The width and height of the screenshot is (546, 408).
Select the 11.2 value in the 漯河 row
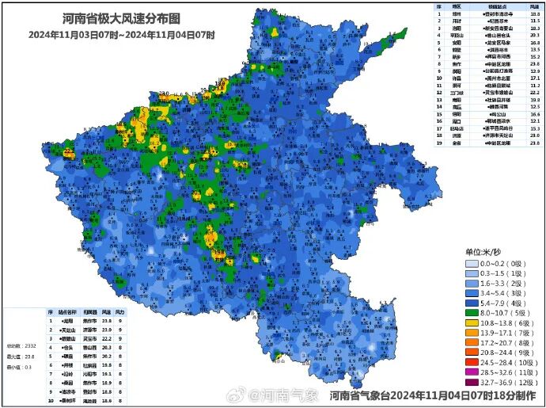click(x=534, y=86)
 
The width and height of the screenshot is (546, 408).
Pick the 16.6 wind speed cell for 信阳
click(x=534, y=114)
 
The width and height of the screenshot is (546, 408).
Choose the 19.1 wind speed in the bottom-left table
click(x=106, y=372)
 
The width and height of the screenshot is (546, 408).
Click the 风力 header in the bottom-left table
click(x=121, y=312)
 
